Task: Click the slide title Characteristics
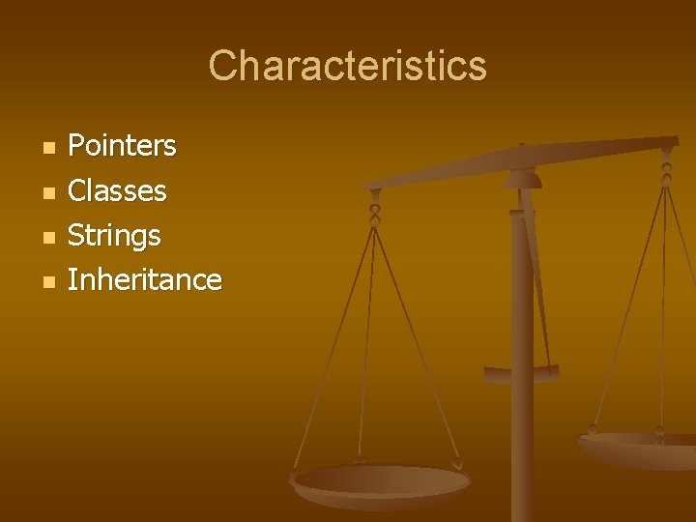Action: coord(348,67)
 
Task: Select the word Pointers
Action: coord(122,146)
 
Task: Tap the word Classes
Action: coord(117,190)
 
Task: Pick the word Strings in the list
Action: coord(114,235)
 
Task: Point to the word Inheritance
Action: coord(145,279)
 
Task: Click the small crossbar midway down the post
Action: coord(522,372)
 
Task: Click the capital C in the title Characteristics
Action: coord(223,67)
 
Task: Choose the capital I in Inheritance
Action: coord(72,279)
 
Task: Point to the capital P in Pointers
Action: coord(76,146)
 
